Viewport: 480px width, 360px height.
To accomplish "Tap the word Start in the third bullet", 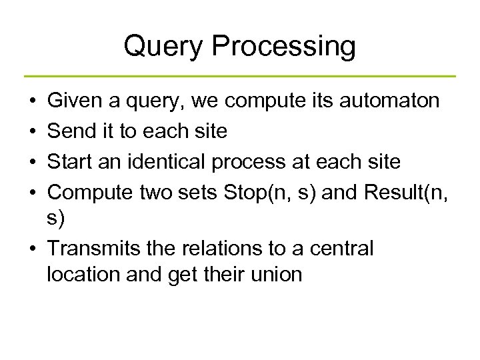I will pos(71,162).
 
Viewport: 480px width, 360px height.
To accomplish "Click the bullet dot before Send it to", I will pos(33,132).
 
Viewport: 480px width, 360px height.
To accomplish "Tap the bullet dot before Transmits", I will pos(33,249).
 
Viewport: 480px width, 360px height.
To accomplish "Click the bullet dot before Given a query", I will pos(33,102).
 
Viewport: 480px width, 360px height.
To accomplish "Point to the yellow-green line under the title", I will pos(240,76).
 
